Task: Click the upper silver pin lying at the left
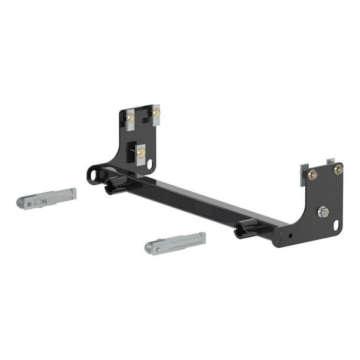pos(46,198)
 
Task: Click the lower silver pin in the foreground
pos(175,242)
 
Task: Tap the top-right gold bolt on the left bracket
pos(156,113)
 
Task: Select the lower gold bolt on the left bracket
pos(141,152)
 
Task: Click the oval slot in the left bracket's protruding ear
pos(94,174)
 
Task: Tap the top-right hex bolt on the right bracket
pos(338,169)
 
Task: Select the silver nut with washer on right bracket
pos(323,212)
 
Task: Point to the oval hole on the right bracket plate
pos(336,225)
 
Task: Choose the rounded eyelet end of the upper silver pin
pos(24,203)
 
